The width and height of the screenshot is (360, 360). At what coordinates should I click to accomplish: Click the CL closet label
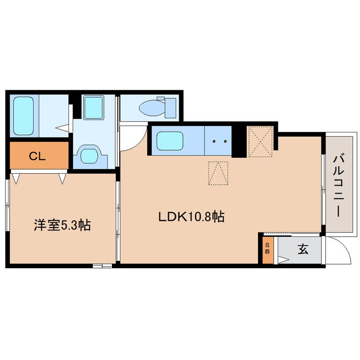tap(37, 156)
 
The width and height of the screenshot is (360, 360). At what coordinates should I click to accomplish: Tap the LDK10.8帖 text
tap(191, 217)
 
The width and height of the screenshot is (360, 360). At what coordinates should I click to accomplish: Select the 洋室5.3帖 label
tap(62, 225)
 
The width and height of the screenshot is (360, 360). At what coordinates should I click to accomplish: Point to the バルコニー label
tap(339, 186)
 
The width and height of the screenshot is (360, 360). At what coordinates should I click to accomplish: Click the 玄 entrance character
tap(303, 250)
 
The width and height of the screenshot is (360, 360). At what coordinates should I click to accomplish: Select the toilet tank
tap(170, 107)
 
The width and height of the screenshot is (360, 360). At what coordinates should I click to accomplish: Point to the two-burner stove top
tap(218, 140)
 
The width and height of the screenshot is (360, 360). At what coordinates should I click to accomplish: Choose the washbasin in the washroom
tap(92, 107)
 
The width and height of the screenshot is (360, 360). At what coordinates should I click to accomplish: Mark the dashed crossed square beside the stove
tap(260, 141)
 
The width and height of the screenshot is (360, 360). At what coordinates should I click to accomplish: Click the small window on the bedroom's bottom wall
tap(102, 266)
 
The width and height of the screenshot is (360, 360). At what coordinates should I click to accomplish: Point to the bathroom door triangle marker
tap(63, 127)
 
